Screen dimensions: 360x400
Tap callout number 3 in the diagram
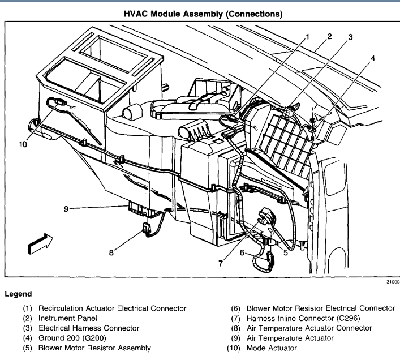[x=350, y=37]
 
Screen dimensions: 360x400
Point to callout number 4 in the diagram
[x=372, y=58]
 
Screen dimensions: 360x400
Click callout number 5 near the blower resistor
[x=286, y=252]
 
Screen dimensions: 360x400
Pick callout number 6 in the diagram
[x=242, y=252]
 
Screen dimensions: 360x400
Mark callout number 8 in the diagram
[x=111, y=253]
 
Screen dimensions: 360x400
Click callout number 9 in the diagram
[x=66, y=208]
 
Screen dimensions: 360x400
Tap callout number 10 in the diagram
[x=23, y=144]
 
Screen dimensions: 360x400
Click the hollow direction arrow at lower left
[x=38, y=243]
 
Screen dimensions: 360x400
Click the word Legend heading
[x=18, y=294]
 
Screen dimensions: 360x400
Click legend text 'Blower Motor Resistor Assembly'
[x=94, y=348]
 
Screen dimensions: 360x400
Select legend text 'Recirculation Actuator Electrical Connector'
[x=112, y=308]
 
